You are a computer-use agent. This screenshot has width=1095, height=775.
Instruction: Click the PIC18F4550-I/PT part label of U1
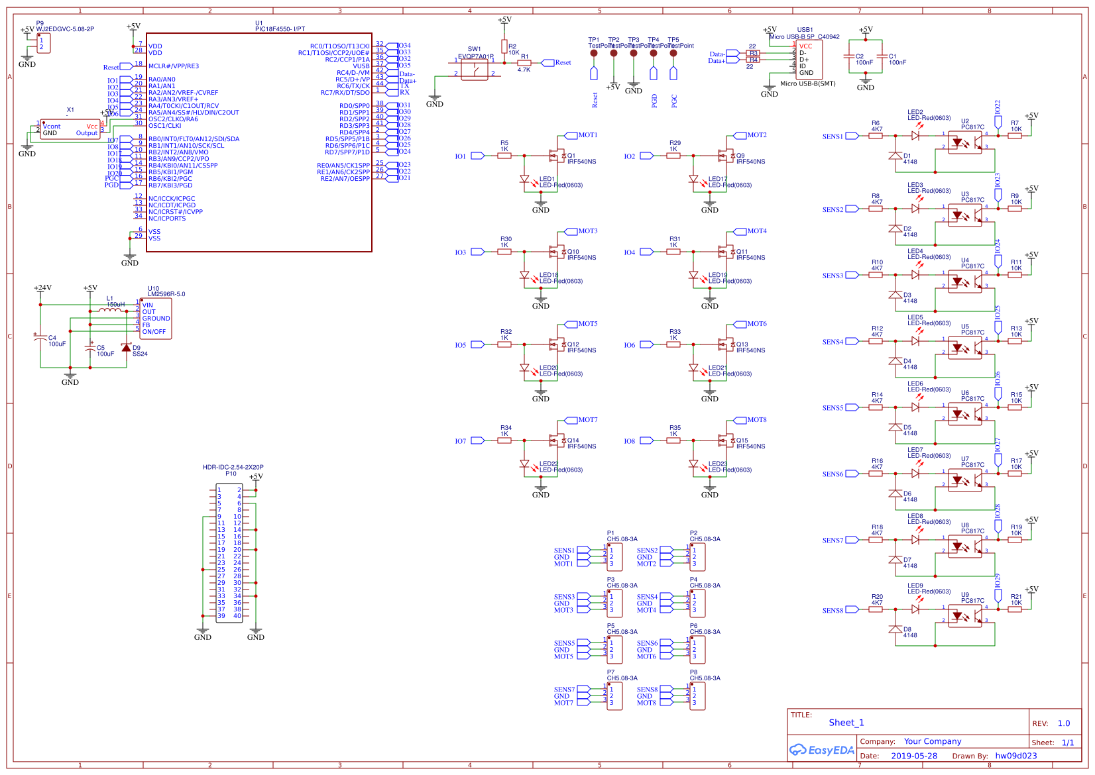click(280, 29)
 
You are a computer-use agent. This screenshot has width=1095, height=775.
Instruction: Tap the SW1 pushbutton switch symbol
click(475, 69)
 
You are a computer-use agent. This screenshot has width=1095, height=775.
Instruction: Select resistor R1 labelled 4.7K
click(524, 63)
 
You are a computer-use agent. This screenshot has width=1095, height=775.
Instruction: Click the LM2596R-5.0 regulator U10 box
click(156, 319)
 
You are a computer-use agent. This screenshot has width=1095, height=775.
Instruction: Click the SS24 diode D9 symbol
click(127, 348)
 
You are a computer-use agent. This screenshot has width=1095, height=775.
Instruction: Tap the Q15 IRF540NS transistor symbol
click(726, 440)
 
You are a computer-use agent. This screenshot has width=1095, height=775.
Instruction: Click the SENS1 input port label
click(833, 136)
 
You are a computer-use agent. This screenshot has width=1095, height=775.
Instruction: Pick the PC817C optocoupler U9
click(964, 616)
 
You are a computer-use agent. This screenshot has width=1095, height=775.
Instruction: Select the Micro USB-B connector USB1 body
click(809, 60)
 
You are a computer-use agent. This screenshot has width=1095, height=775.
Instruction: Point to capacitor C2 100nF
click(849, 57)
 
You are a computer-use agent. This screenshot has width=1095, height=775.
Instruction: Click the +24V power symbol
click(42, 288)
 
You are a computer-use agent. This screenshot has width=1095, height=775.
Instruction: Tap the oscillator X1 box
click(70, 129)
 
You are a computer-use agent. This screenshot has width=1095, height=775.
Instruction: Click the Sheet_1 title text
click(846, 723)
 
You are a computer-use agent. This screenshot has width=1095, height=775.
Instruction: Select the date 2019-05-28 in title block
click(914, 756)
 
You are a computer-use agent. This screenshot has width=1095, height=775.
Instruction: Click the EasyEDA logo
click(821, 750)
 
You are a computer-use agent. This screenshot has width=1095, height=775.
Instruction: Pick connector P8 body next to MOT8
click(697, 696)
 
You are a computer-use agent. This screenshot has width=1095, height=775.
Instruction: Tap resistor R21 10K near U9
click(1015, 609)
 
